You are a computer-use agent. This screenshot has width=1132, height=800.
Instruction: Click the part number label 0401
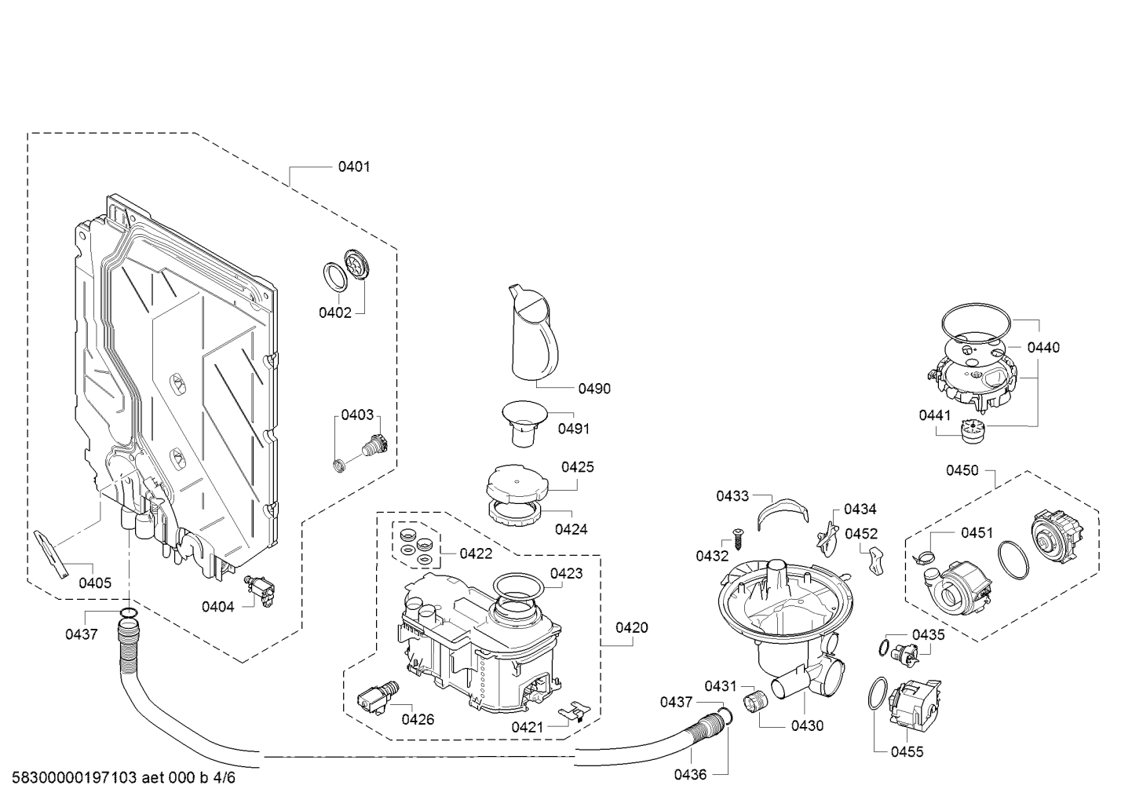coord(354,166)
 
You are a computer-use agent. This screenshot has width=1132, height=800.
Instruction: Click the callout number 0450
coord(962,470)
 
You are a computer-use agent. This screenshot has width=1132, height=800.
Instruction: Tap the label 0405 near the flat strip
coord(95,583)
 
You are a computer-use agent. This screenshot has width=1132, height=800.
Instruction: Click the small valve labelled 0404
coord(261,590)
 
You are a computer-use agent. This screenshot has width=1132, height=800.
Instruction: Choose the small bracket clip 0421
coord(575,710)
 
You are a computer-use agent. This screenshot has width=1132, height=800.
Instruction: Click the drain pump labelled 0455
coord(915,703)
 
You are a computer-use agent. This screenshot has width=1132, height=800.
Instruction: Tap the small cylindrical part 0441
coord(972,433)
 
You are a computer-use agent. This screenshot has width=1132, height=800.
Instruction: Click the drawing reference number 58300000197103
coord(75,777)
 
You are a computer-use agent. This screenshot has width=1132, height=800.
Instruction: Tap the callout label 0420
coord(632,627)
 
